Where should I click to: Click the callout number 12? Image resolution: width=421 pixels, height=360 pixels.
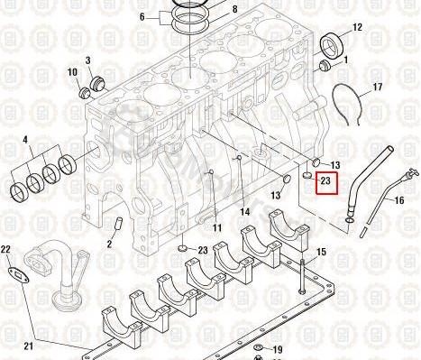(357, 28)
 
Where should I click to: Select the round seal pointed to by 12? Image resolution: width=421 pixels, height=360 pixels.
(332, 46)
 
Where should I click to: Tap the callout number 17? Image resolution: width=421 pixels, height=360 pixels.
(378, 88)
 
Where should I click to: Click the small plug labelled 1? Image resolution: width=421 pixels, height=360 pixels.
(325, 65)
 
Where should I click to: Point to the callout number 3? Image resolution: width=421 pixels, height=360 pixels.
(87, 60)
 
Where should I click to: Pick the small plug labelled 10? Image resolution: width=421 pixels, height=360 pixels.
(84, 93)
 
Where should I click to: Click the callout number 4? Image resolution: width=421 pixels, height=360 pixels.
(25, 140)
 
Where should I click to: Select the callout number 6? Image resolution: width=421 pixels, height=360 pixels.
(142, 17)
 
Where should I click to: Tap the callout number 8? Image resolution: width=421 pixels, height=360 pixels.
(234, 9)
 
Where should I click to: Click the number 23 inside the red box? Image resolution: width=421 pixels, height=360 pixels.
(325, 181)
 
